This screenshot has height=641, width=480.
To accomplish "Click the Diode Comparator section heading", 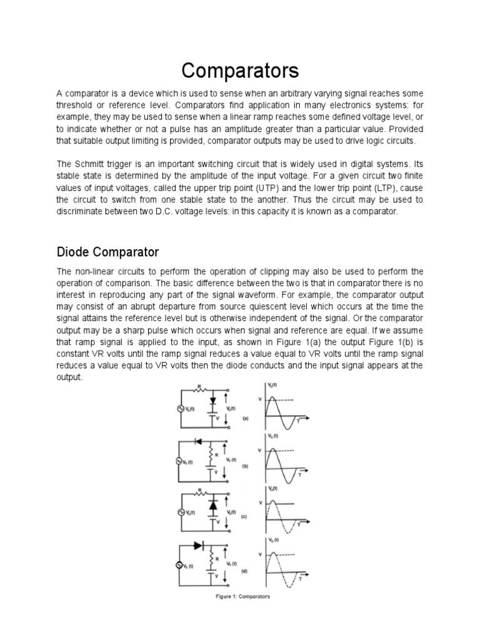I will tap(108, 252).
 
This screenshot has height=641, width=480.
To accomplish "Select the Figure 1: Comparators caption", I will tap(241, 597).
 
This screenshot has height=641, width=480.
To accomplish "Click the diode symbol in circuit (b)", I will tap(199, 441).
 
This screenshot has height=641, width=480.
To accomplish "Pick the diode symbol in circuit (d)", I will tap(198, 546).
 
